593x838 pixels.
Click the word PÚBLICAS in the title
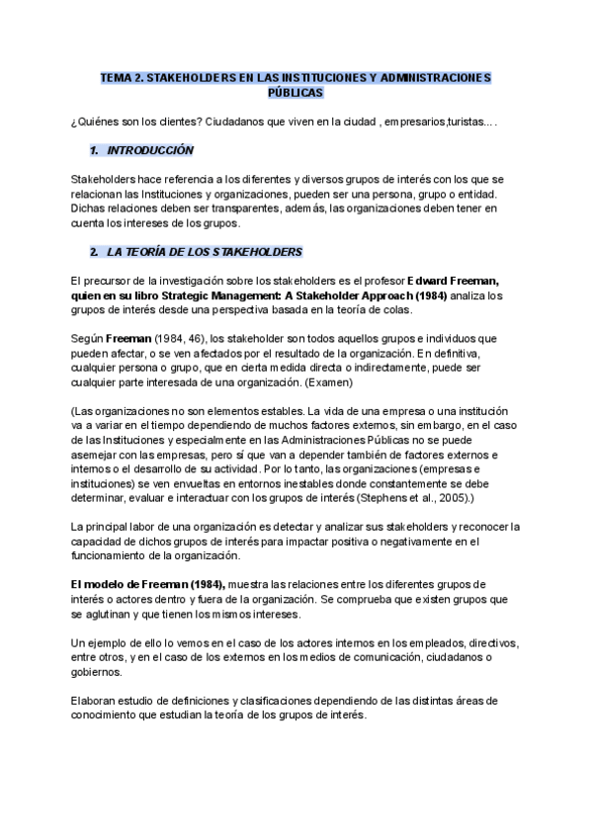pos(296,92)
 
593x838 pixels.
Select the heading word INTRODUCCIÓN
pos(151,150)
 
